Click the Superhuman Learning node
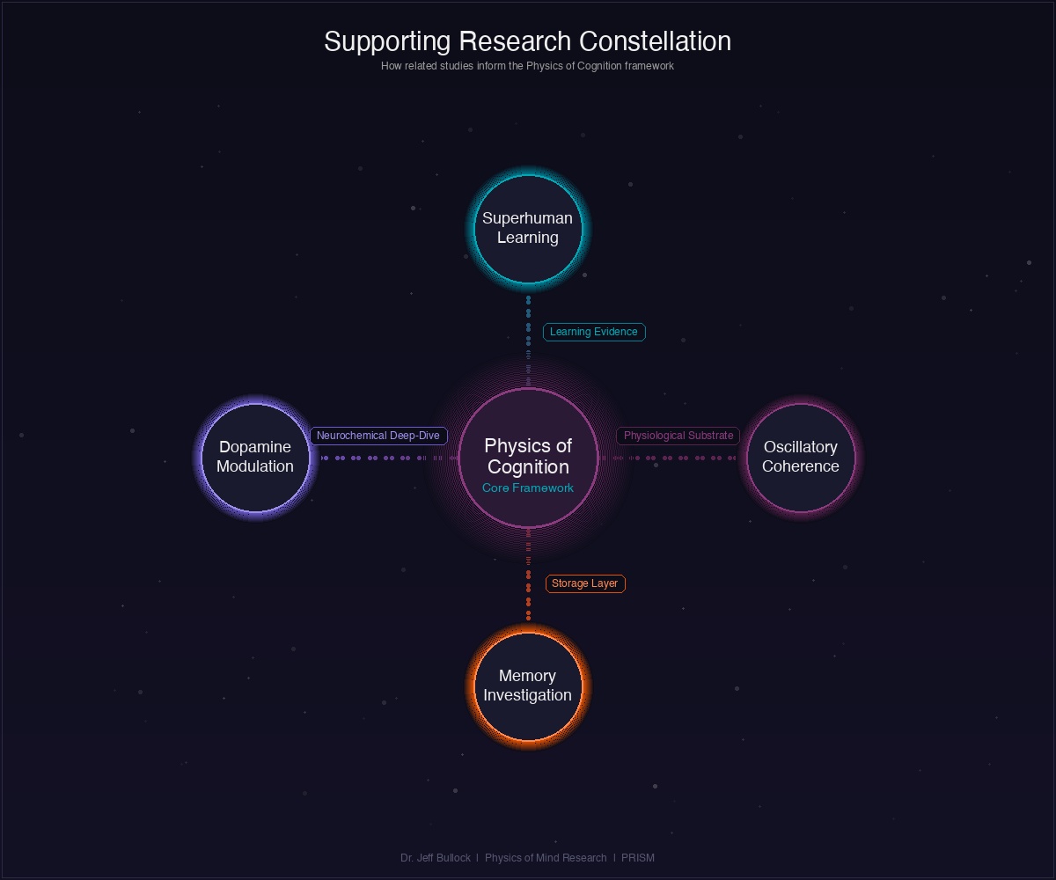pos(528,229)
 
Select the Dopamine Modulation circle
pos(255,457)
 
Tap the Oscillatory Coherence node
pos(801,457)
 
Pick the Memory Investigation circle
pos(528,686)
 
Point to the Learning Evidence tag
pos(594,332)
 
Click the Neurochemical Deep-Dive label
pos(378,436)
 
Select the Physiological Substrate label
pos(678,436)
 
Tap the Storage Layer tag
pos(585,583)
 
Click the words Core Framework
pos(528,488)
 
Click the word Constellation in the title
pos(656,41)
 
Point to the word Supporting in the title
pos(388,41)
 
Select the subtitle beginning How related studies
pos(527,66)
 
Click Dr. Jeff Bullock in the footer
pos(436,858)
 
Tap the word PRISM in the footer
pos(638,858)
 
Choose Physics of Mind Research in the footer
pos(546,858)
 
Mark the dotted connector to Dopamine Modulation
pos(378,458)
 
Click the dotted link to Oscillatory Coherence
pos(678,458)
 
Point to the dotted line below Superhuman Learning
pos(528,330)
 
